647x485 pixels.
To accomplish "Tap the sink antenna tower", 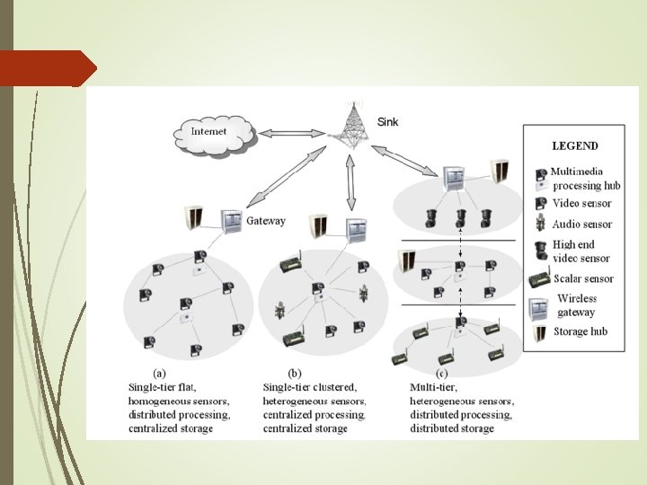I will click(x=350, y=121).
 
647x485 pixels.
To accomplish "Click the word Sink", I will click(x=387, y=121).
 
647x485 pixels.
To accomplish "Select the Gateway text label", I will click(x=266, y=220).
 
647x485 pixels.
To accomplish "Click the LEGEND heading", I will click(x=574, y=145).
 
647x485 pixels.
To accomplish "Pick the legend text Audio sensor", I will click(x=582, y=225).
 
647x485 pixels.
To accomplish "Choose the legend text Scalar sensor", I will click(x=584, y=278).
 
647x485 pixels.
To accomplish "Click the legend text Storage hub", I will click(x=581, y=331).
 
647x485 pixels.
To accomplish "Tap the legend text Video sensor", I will click(x=582, y=204).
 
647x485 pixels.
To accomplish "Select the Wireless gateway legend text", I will click(x=576, y=304).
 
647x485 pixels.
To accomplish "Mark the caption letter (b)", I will click(x=293, y=373).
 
